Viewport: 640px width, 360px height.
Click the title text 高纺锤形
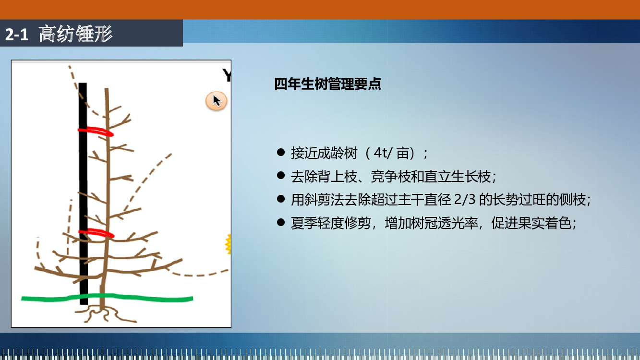(75, 34)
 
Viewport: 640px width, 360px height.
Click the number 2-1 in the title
(17, 35)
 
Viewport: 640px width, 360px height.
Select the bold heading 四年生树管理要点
(327, 84)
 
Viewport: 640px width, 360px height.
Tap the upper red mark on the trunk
(96, 131)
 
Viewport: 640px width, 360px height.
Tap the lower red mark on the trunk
(97, 233)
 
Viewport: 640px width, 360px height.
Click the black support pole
(83, 194)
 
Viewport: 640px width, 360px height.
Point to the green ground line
(107, 298)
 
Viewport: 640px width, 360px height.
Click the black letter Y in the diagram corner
(227, 75)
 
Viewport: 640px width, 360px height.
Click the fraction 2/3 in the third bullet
(465, 199)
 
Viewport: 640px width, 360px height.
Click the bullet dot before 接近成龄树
(281, 152)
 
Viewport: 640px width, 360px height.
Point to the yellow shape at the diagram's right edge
(228, 244)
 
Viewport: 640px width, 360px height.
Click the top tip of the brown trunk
(106, 89)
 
